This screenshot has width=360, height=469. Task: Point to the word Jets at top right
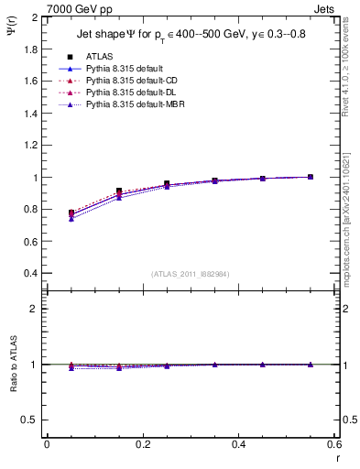pyautogui.click(x=324, y=8)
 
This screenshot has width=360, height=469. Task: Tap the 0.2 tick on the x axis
pyautogui.click(x=143, y=443)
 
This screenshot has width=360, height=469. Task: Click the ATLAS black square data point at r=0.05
pyautogui.click(x=71, y=213)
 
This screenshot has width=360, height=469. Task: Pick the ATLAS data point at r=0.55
pyautogui.click(x=311, y=177)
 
